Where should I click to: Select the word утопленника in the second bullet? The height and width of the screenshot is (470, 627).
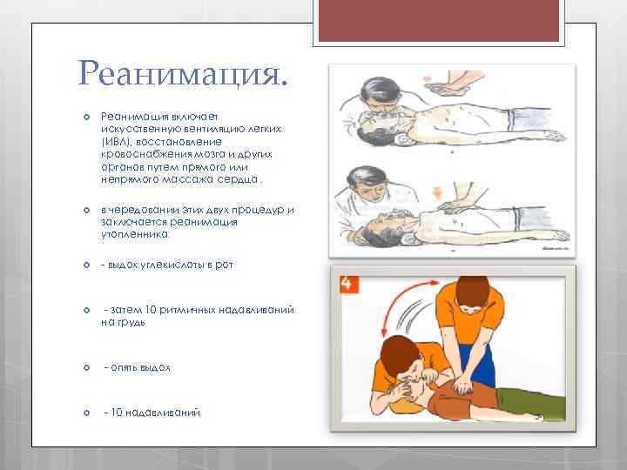tap(134, 234)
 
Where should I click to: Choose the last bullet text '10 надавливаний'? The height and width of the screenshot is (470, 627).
tap(152, 413)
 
